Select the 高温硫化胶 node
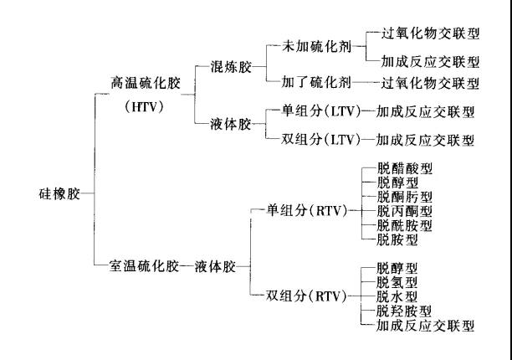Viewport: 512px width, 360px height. tap(146, 83)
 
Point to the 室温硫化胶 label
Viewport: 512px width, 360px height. tap(145, 266)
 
